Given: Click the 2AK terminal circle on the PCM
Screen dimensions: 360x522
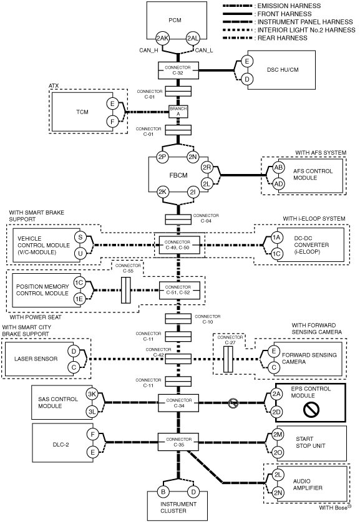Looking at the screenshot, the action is (162, 38).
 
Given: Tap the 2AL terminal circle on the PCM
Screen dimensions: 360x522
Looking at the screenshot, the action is (193, 38).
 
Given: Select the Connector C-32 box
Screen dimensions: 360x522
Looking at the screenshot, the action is (178, 70).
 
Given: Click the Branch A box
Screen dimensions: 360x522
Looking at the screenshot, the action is (178, 112).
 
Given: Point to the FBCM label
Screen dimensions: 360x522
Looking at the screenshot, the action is (178, 175).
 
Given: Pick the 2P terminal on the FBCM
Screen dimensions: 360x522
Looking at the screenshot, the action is (162, 157).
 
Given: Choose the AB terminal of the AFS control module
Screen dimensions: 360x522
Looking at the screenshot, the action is (278, 168).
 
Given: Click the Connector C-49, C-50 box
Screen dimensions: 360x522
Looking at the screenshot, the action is (178, 245).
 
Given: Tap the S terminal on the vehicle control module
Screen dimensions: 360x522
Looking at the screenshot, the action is (80, 238).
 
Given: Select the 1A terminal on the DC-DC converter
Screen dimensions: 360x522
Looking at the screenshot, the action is (276, 238).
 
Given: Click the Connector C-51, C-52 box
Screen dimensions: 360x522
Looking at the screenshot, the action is (178, 290).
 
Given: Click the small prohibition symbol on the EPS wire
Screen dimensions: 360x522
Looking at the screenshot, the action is (233, 404).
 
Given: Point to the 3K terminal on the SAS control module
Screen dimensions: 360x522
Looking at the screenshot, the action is (92, 394).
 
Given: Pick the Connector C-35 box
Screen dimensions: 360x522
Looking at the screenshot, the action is (178, 442).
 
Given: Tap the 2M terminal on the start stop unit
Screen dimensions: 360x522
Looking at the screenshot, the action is (278, 435).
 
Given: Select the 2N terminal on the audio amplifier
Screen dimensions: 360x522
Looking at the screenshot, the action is (278, 493).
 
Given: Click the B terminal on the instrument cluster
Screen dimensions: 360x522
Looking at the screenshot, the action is (163, 491).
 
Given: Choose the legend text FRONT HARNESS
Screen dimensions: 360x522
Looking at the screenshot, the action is (285, 14).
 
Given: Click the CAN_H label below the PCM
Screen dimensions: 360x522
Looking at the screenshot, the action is (148, 51).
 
